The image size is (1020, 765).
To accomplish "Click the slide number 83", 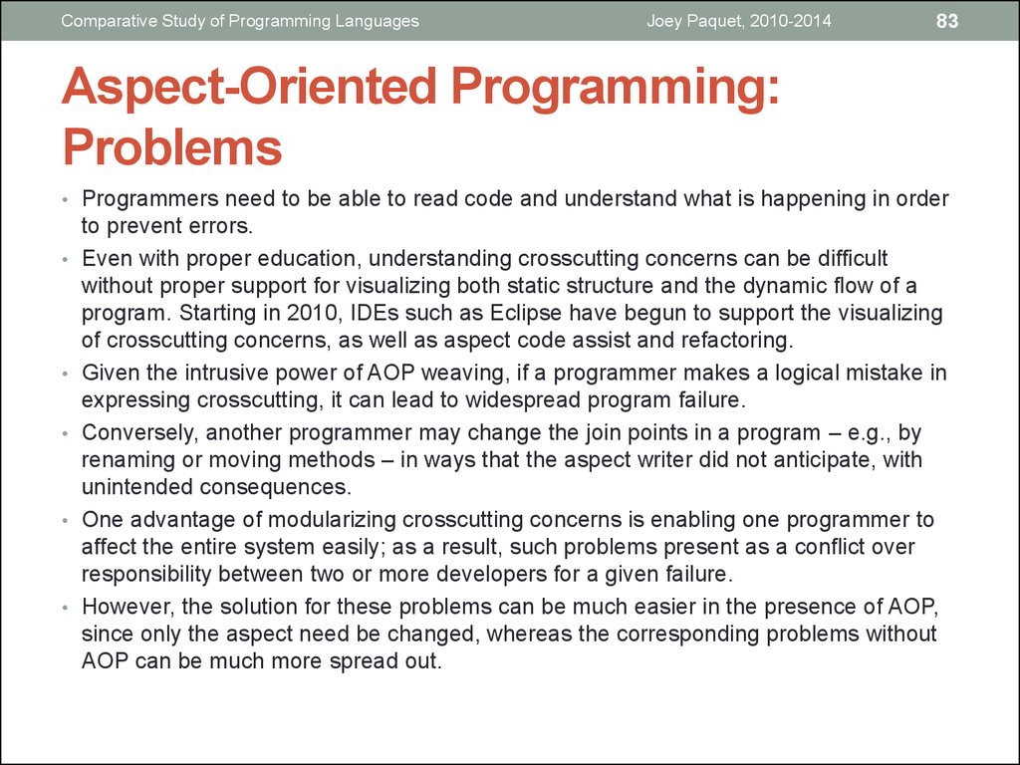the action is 947,21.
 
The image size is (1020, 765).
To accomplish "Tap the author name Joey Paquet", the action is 693,21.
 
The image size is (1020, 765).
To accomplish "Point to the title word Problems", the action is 172,146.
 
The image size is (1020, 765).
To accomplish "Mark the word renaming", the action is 128,460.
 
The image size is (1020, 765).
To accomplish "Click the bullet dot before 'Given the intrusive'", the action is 65,375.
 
